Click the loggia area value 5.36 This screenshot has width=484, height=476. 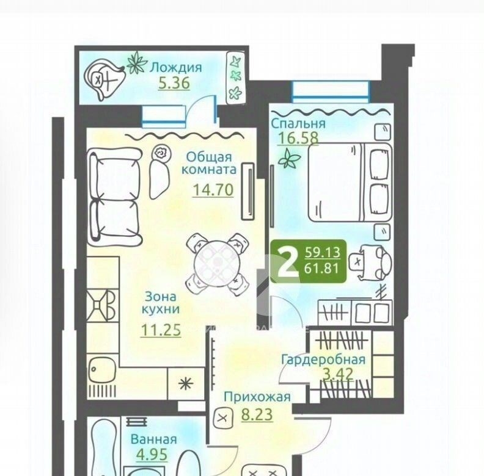pyautogui.click(x=174, y=82)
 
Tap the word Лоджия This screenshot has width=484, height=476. pyautogui.click(x=175, y=68)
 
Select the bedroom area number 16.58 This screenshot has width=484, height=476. pyautogui.click(x=298, y=137)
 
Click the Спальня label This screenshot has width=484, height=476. pyautogui.click(x=298, y=123)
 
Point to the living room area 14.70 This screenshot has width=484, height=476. pyautogui.click(x=213, y=190)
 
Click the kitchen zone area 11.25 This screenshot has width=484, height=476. pyautogui.click(x=161, y=330)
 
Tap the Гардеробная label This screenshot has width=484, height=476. pyautogui.click(x=323, y=359)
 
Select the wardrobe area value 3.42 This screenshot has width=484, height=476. pyautogui.click(x=338, y=373)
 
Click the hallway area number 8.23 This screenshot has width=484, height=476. pyautogui.click(x=257, y=414)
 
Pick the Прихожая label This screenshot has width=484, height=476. pyautogui.click(x=257, y=397)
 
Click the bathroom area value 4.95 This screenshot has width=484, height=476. pyautogui.click(x=152, y=455)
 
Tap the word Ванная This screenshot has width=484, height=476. pyautogui.click(x=154, y=439)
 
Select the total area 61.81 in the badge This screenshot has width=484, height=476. pyautogui.click(x=321, y=269)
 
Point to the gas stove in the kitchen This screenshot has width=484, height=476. pyautogui.click(x=101, y=305)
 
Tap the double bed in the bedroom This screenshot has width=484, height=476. pyautogui.click(x=350, y=182)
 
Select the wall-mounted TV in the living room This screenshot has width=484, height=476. pyautogui.click(x=248, y=191)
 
